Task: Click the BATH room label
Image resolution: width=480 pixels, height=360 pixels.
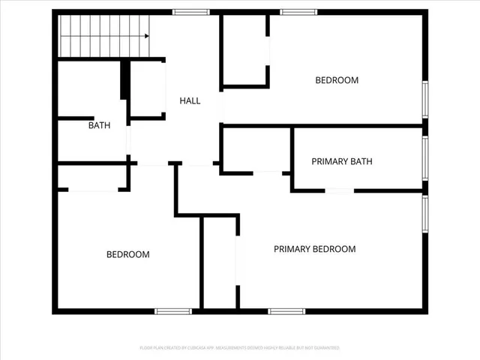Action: (x=99, y=125)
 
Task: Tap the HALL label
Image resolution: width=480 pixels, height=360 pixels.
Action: (x=190, y=100)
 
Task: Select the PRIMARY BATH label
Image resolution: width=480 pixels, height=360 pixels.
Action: (x=342, y=161)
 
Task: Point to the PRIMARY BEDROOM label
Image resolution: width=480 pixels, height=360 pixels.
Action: (x=314, y=249)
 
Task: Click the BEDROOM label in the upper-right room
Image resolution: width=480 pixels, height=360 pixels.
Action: (x=337, y=80)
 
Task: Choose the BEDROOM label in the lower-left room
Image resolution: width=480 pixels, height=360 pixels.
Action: (x=127, y=254)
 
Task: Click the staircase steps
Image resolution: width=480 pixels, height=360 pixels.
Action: (x=101, y=35)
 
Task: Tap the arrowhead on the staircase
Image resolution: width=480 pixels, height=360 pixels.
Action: (x=147, y=34)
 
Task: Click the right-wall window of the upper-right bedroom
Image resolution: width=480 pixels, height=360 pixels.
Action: (x=424, y=100)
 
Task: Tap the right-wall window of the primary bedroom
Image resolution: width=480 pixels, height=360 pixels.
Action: (x=424, y=215)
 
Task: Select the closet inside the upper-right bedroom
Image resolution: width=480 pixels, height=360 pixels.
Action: (x=245, y=50)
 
